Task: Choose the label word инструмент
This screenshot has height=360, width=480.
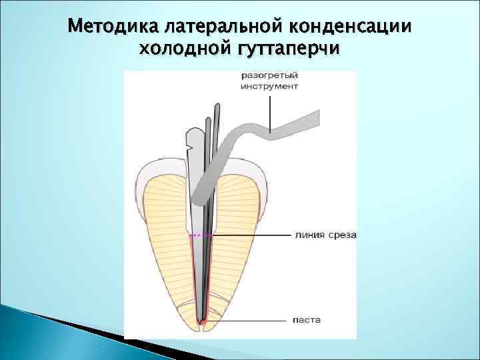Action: point(270,87)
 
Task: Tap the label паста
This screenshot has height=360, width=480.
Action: point(307,320)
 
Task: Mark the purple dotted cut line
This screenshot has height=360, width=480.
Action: point(201,235)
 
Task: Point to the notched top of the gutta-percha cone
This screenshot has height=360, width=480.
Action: point(189,140)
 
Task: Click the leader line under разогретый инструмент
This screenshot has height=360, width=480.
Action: point(269,110)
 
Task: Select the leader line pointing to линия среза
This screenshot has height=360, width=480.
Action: point(253,235)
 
